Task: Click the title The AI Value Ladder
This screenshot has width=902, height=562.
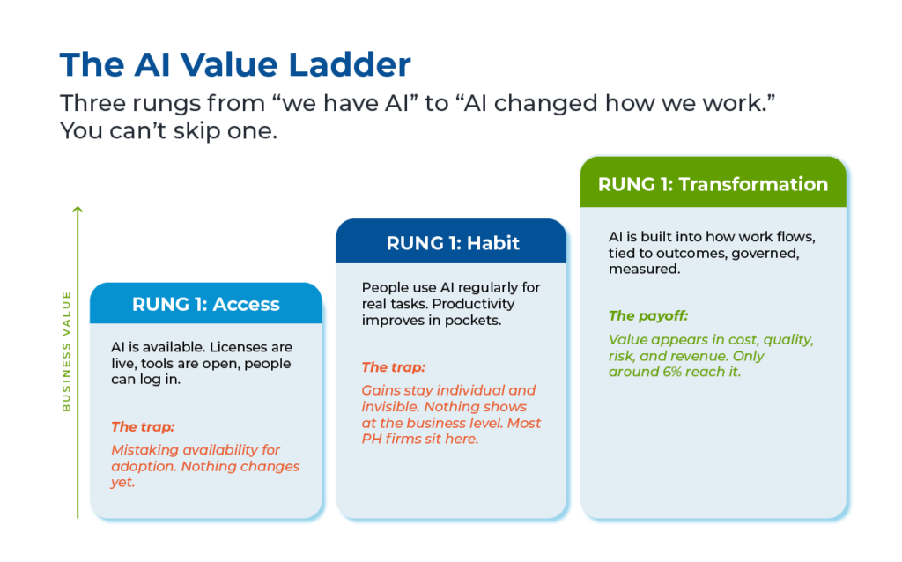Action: pyautogui.click(x=235, y=64)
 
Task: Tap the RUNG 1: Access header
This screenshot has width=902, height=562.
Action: pyautogui.click(x=206, y=304)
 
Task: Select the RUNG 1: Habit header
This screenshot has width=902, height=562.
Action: pyautogui.click(x=452, y=243)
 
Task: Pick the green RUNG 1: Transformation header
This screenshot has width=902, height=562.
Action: pyautogui.click(x=713, y=183)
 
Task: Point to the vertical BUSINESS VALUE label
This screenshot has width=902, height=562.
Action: pyautogui.click(x=66, y=351)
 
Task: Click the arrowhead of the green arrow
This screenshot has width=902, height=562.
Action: pyautogui.click(x=78, y=210)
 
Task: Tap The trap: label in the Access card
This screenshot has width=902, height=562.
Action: pyautogui.click(x=143, y=427)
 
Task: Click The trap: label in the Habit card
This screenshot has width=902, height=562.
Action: pyautogui.click(x=394, y=367)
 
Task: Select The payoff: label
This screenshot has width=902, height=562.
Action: pyautogui.click(x=648, y=316)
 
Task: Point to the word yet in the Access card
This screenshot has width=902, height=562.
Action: pyautogui.click(x=122, y=483)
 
